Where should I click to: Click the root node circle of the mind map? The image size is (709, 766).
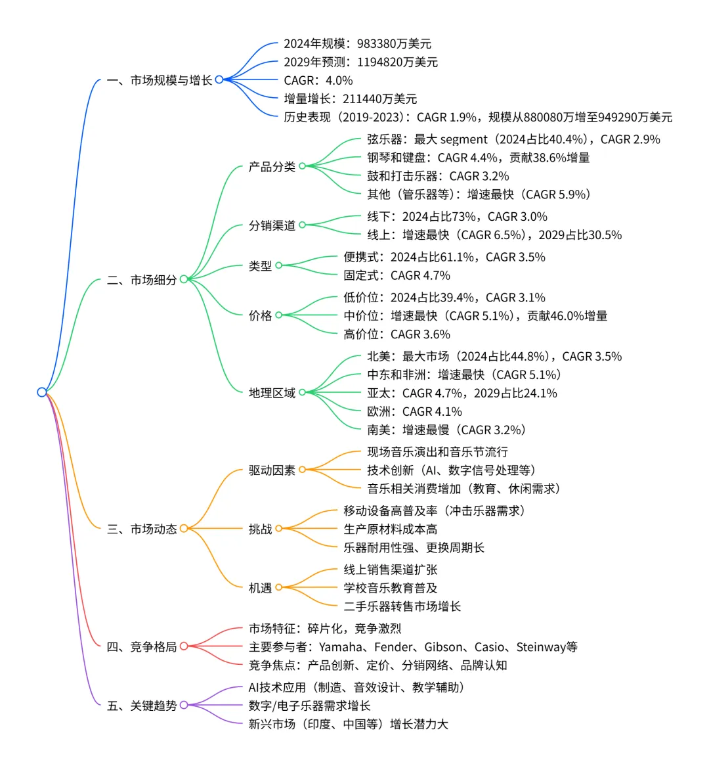(x=42, y=392)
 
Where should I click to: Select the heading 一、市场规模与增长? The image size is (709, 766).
(x=159, y=80)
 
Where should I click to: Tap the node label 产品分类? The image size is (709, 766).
(x=272, y=167)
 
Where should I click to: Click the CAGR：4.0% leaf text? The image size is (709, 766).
(x=318, y=81)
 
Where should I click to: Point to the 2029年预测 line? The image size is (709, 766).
(x=360, y=62)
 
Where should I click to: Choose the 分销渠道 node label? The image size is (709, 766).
(x=272, y=225)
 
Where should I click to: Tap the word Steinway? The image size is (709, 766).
(x=540, y=647)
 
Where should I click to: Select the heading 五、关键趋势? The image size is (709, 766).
(x=142, y=706)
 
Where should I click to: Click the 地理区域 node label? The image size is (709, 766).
(x=272, y=393)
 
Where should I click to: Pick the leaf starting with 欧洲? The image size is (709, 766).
(x=414, y=412)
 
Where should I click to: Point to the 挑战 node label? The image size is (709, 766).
(x=260, y=529)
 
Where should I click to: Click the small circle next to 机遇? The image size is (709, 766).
(x=278, y=588)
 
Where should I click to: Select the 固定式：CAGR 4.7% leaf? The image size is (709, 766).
(x=397, y=276)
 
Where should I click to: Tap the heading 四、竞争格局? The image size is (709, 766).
(x=142, y=647)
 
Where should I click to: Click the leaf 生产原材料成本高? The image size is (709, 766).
(x=390, y=529)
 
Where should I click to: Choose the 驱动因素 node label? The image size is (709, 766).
(x=272, y=470)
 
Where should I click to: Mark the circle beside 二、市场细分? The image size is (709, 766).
(x=184, y=279)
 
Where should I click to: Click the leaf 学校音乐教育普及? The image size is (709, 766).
(x=390, y=588)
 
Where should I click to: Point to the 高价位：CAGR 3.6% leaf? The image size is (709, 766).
(x=397, y=334)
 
